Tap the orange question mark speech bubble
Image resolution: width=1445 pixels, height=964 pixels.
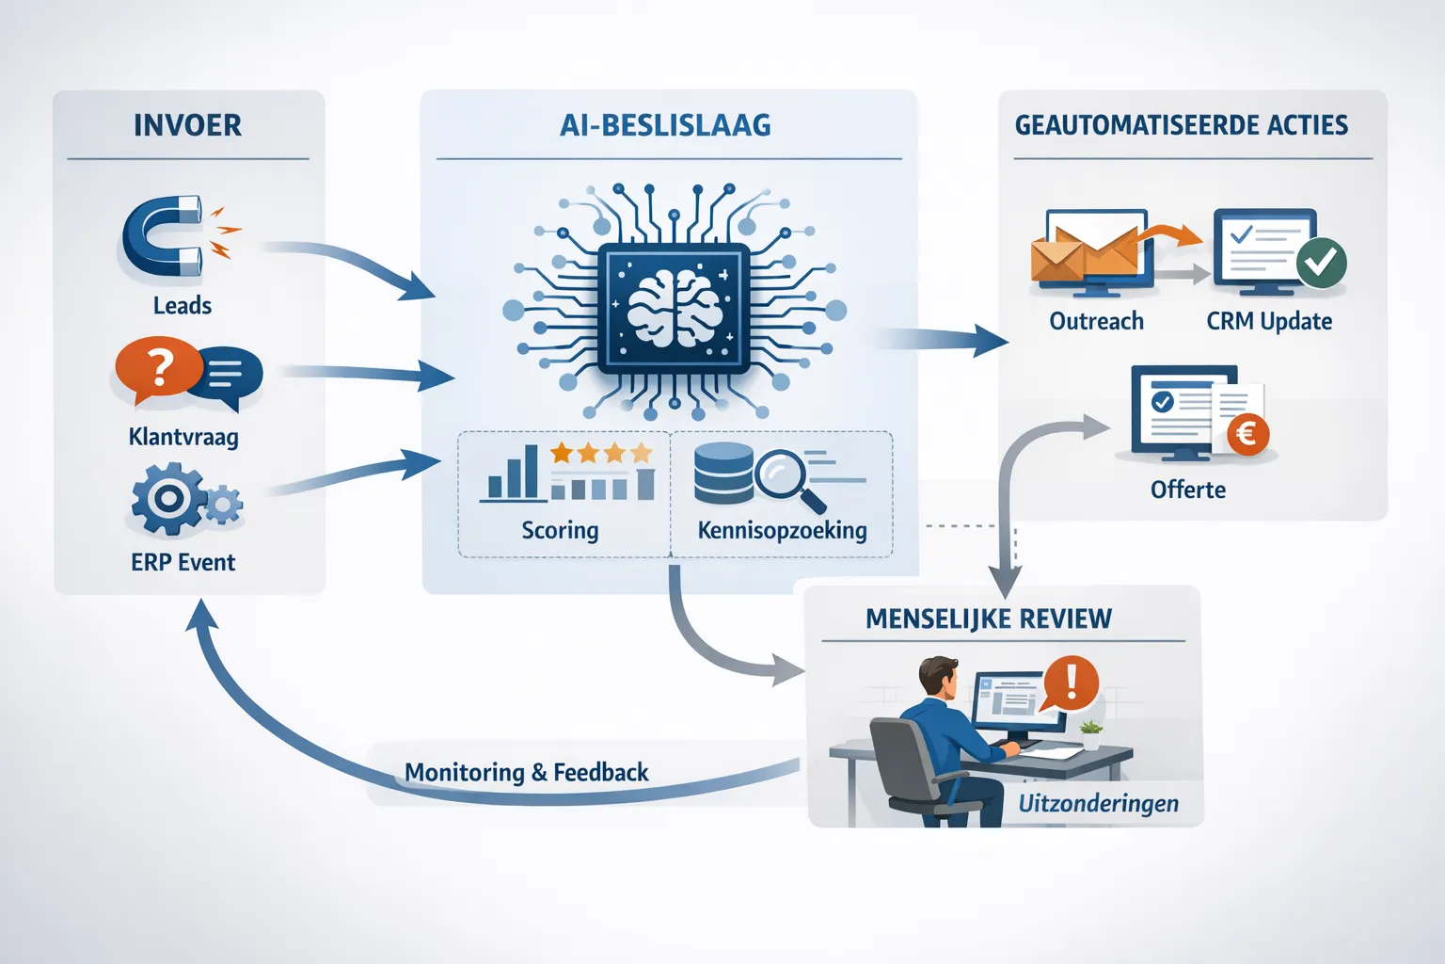pos(159,369)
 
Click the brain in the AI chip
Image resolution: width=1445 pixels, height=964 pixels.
pos(675,307)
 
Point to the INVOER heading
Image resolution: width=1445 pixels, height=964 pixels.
pos(187,125)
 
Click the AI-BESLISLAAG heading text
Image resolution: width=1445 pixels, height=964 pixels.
pos(665,125)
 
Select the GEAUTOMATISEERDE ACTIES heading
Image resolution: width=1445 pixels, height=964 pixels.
pos(1181,125)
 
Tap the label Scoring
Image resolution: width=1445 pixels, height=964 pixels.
pos(560,530)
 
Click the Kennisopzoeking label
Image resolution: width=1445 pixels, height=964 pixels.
pos(782,530)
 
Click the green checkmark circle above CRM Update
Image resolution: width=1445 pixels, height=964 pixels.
pos(1321,262)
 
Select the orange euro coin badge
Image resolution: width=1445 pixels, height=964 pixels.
pos(1247,434)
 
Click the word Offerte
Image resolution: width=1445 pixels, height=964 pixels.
pos(1187,490)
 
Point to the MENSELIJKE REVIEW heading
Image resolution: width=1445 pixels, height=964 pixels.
pos(988,619)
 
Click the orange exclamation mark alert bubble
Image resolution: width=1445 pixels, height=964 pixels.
pos(1071,682)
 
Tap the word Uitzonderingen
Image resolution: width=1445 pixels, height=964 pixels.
pos(1098,804)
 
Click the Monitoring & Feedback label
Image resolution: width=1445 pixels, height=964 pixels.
pos(526,773)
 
